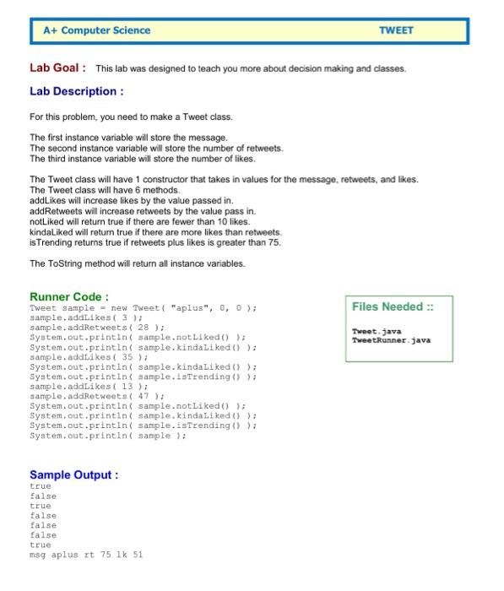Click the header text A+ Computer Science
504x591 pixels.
(97, 30)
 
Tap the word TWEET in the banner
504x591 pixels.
(396, 30)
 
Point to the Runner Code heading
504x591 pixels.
(69, 296)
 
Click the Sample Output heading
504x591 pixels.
(73, 475)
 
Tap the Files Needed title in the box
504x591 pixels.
(393, 306)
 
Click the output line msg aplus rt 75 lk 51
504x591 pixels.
(86, 556)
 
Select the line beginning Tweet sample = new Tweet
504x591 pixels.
(143, 307)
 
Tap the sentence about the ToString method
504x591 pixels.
(138, 263)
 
